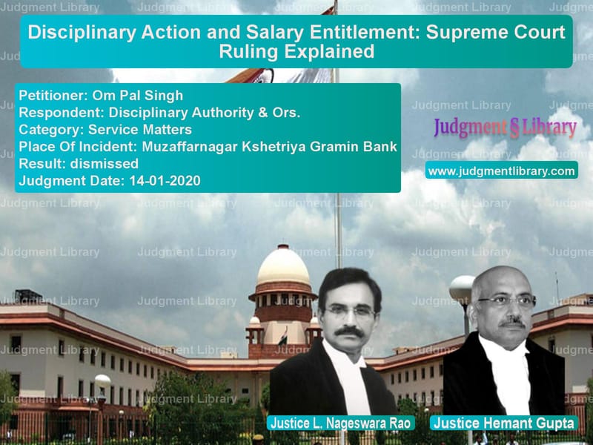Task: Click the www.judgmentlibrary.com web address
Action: [502, 171]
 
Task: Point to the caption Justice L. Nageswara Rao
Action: [341, 423]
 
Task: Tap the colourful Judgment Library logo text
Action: [505, 128]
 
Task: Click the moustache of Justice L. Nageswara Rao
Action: [349, 332]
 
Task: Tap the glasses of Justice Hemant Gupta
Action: [506, 303]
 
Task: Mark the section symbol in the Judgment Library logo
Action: [514, 128]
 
